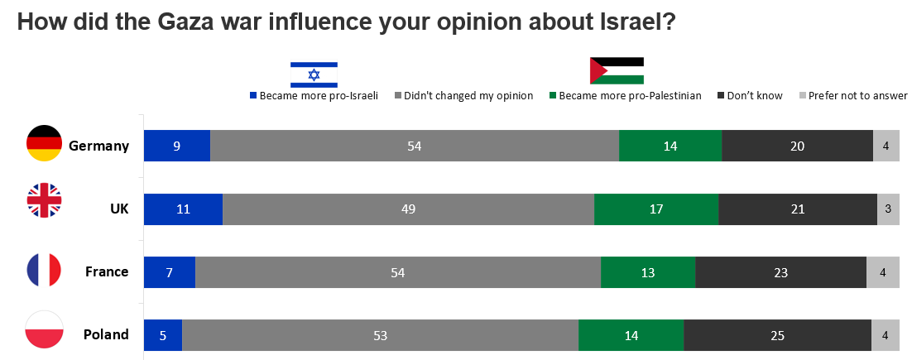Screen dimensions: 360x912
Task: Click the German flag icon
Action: point(44,144)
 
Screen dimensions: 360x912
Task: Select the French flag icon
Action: point(44,271)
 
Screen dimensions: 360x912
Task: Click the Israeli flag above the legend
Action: point(314,74)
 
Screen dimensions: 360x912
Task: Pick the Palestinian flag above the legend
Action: point(617,71)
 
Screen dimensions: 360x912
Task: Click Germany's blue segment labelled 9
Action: point(177,146)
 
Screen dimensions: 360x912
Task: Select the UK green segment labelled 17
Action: point(656,209)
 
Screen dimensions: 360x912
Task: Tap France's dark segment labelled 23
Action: point(780,271)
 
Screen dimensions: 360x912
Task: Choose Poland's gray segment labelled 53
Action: point(380,335)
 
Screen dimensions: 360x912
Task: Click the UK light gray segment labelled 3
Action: point(888,209)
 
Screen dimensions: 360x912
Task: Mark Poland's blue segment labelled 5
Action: point(163,335)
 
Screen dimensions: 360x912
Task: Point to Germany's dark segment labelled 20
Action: point(797,146)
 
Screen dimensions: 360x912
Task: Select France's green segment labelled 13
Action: point(648,271)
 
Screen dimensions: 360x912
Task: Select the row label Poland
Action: point(106,335)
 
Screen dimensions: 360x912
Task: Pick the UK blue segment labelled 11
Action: point(183,209)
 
